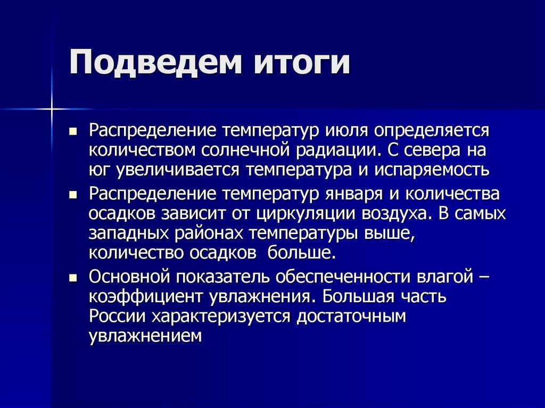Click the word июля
point(346,130)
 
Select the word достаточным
point(351,317)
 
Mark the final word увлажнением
point(146,336)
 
